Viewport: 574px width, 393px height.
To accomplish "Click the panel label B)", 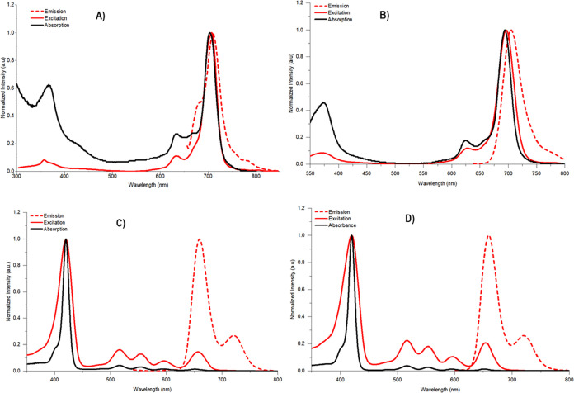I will (x=448, y=13).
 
